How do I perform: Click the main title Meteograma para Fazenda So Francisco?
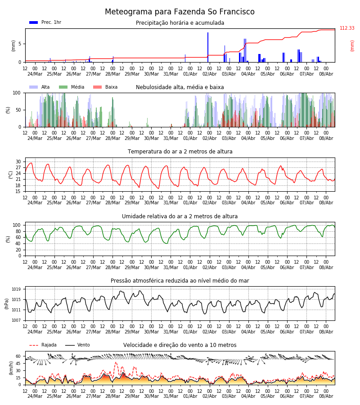pos(180,12)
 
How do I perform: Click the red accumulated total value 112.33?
pos(347,28)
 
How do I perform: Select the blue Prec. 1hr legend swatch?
pos(34,22)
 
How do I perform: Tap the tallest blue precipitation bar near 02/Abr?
pos(208,47)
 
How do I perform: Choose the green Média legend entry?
pos(72,87)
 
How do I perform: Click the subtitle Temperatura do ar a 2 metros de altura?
pos(180,152)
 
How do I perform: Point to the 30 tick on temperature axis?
pos(18,162)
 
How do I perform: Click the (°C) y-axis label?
pos(11,175)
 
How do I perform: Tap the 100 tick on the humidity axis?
pos(17,225)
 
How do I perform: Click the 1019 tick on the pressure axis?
pos(17,289)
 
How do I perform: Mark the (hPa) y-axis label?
pos(7,304)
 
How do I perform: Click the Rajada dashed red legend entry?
pos(43,345)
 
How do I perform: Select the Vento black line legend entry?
pos(77,345)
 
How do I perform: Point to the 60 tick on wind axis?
pos(18,356)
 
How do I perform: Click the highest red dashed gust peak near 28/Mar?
pos(116,362)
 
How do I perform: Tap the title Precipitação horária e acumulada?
pos(180,23)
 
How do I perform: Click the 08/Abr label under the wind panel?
pos(326,396)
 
